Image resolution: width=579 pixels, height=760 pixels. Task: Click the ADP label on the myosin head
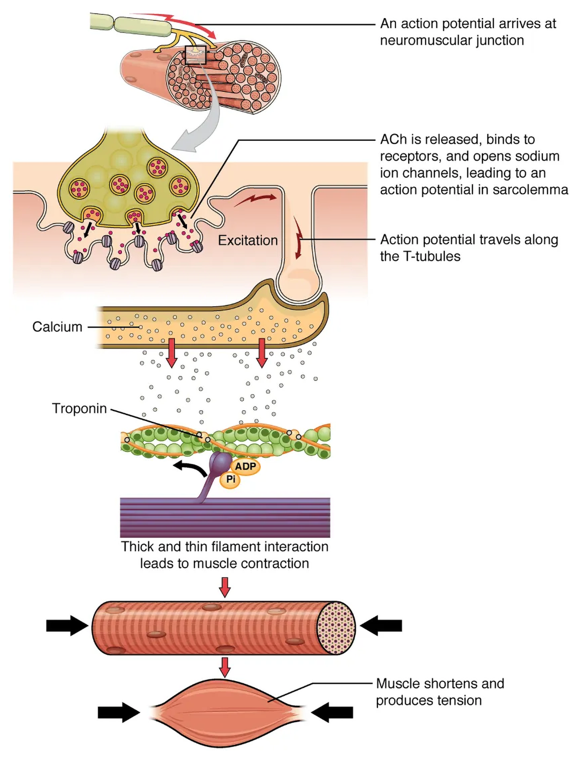[x=245, y=466]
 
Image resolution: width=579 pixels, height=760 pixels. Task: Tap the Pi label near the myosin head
[x=231, y=479]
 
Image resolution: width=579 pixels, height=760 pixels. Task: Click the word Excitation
[x=248, y=241]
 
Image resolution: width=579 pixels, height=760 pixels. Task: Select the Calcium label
[x=57, y=327]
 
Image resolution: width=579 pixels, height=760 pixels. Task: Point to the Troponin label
[x=79, y=408]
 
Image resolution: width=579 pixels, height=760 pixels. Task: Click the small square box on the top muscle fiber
[x=195, y=55]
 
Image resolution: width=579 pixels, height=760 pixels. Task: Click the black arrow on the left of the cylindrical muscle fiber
[x=66, y=626]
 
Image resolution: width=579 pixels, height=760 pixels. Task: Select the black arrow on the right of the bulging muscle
[x=332, y=712]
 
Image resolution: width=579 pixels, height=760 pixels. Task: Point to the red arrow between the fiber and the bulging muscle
[x=225, y=667]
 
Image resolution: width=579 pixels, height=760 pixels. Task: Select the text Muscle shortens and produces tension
[x=439, y=692]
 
